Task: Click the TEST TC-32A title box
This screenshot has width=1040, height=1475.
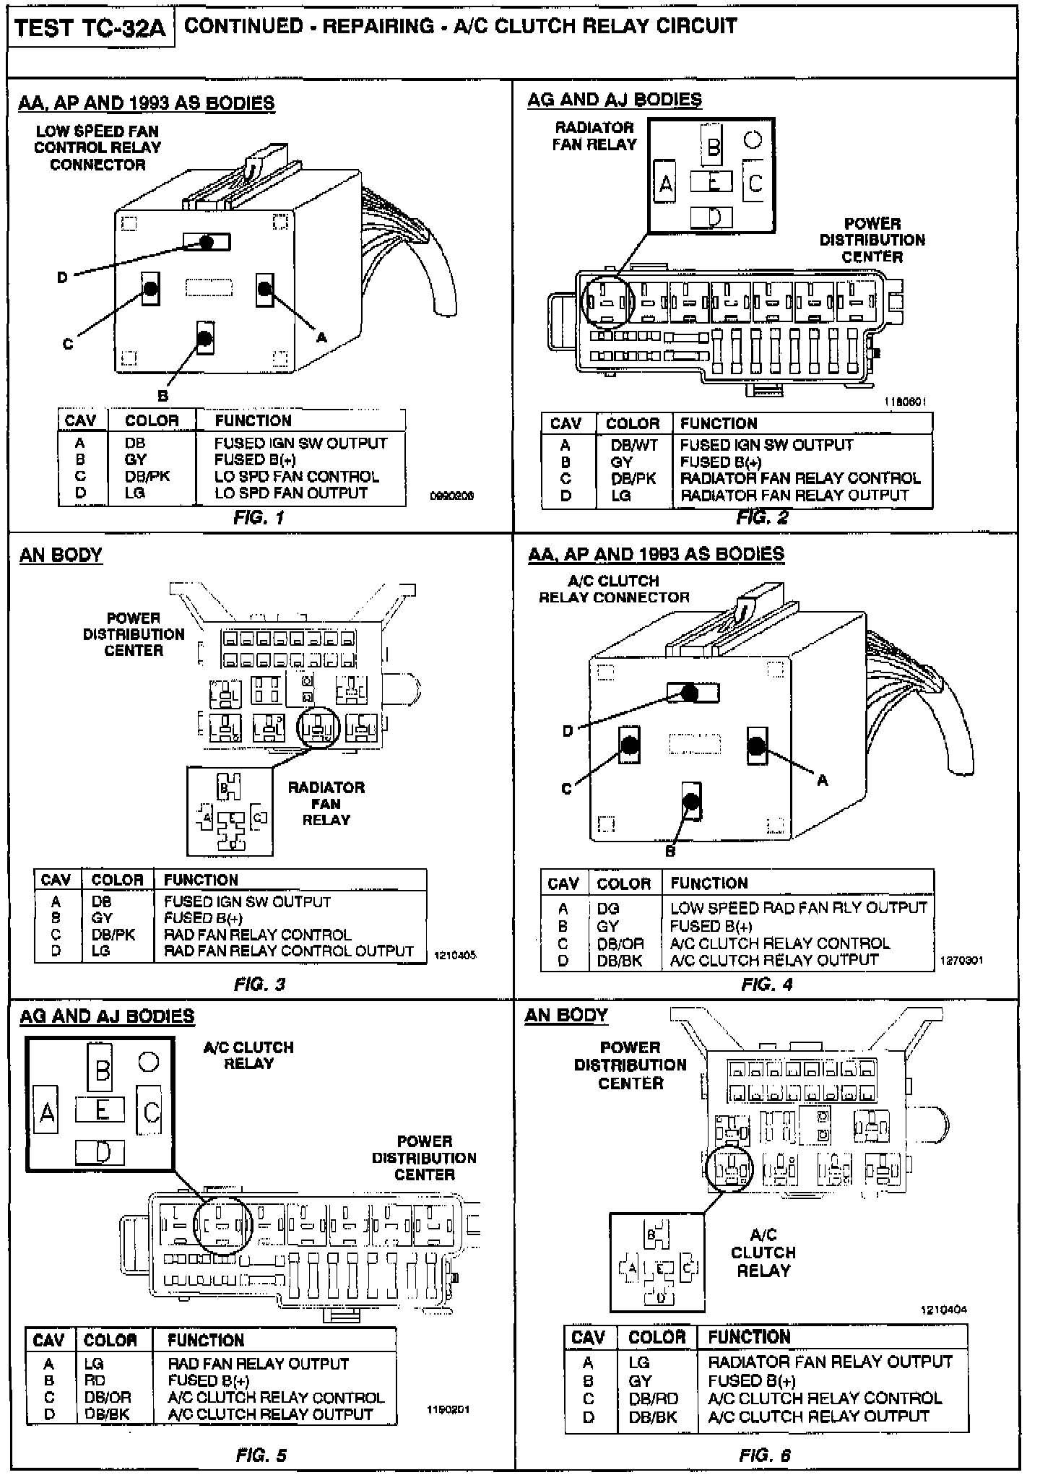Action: [x=90, y=27]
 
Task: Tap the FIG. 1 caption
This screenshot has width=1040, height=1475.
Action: [x=259, y=517]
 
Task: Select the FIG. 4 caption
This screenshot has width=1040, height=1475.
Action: [x=766, y=984]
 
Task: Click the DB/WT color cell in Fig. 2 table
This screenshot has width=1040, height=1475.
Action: [x=634, y=445]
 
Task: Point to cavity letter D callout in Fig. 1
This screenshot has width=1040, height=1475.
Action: [x=62, y=277]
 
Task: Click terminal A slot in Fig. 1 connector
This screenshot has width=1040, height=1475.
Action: [x=264, y=289]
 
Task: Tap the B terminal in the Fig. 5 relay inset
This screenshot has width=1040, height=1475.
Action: [x=103, y=1068]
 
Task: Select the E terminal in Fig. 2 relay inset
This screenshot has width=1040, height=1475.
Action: [x=712, y=181]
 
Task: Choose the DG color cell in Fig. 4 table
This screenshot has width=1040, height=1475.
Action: [x=608, y=909]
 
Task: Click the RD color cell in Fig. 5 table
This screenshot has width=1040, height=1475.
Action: [x=95, y=1380]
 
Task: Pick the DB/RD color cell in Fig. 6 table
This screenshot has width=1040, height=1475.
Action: [x=653, y=1398]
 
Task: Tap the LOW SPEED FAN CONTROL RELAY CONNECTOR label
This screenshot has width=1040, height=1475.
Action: [x=97, y=148]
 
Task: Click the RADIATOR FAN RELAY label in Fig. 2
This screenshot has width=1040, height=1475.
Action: [x=594, y=136]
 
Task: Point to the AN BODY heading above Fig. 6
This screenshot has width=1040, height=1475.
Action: [x=565, y=1015]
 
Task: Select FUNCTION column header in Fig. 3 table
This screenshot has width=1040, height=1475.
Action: [x=201, y=880]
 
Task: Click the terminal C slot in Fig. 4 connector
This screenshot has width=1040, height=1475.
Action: [x=629, y=745]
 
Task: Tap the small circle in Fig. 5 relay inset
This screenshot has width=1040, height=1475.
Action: [x=148, y=1061]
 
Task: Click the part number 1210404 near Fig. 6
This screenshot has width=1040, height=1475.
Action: [x=943, y=1310]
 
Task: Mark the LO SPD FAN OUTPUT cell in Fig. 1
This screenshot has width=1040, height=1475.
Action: [x=291, y=493]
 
